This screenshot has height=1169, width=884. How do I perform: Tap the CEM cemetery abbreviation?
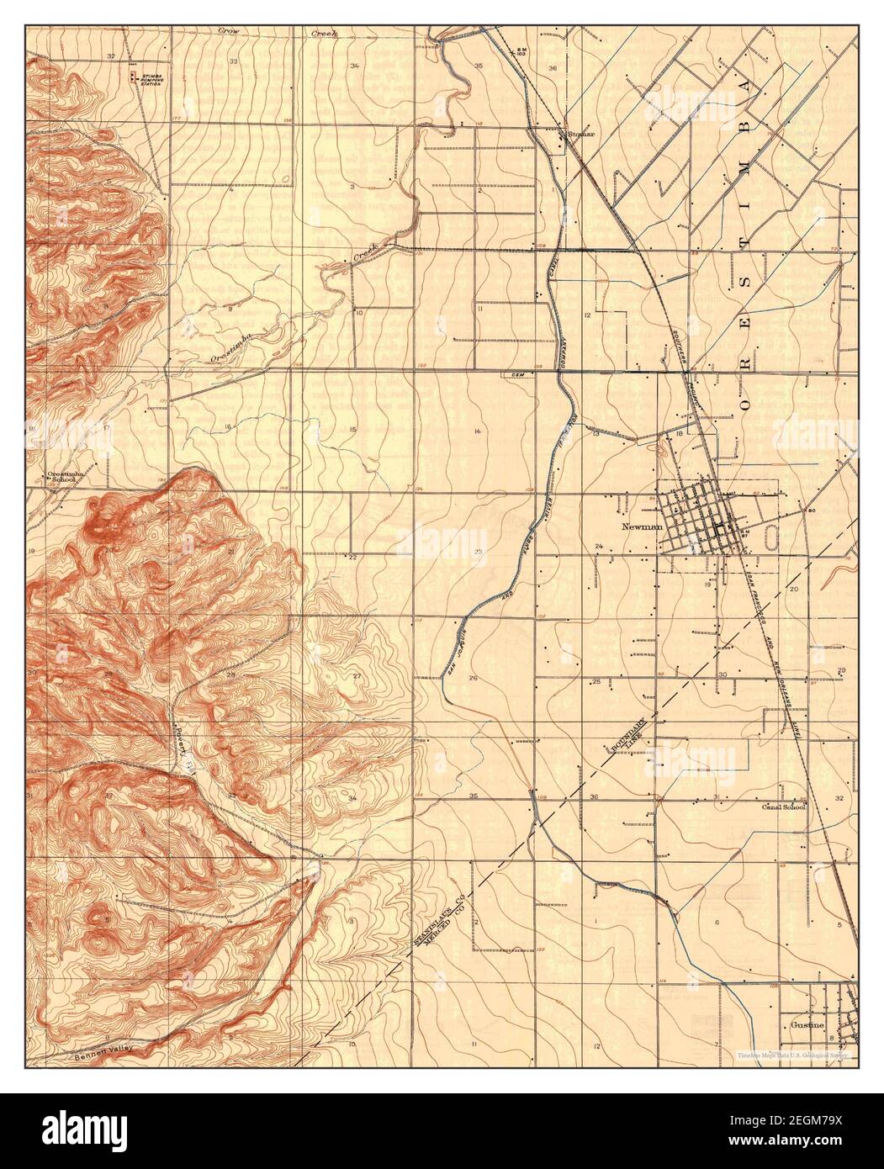click(x=517, y=373)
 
